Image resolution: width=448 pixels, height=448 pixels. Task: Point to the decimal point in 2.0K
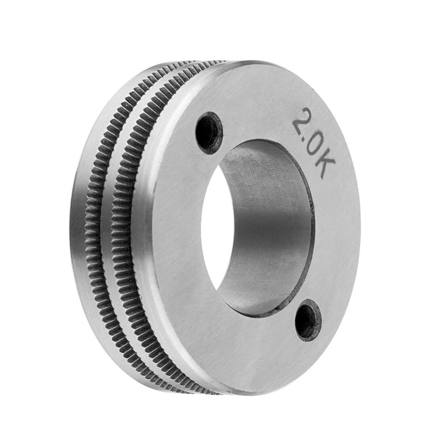tap(306, 137)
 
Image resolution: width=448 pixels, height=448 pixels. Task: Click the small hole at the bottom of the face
tap(309, 320)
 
